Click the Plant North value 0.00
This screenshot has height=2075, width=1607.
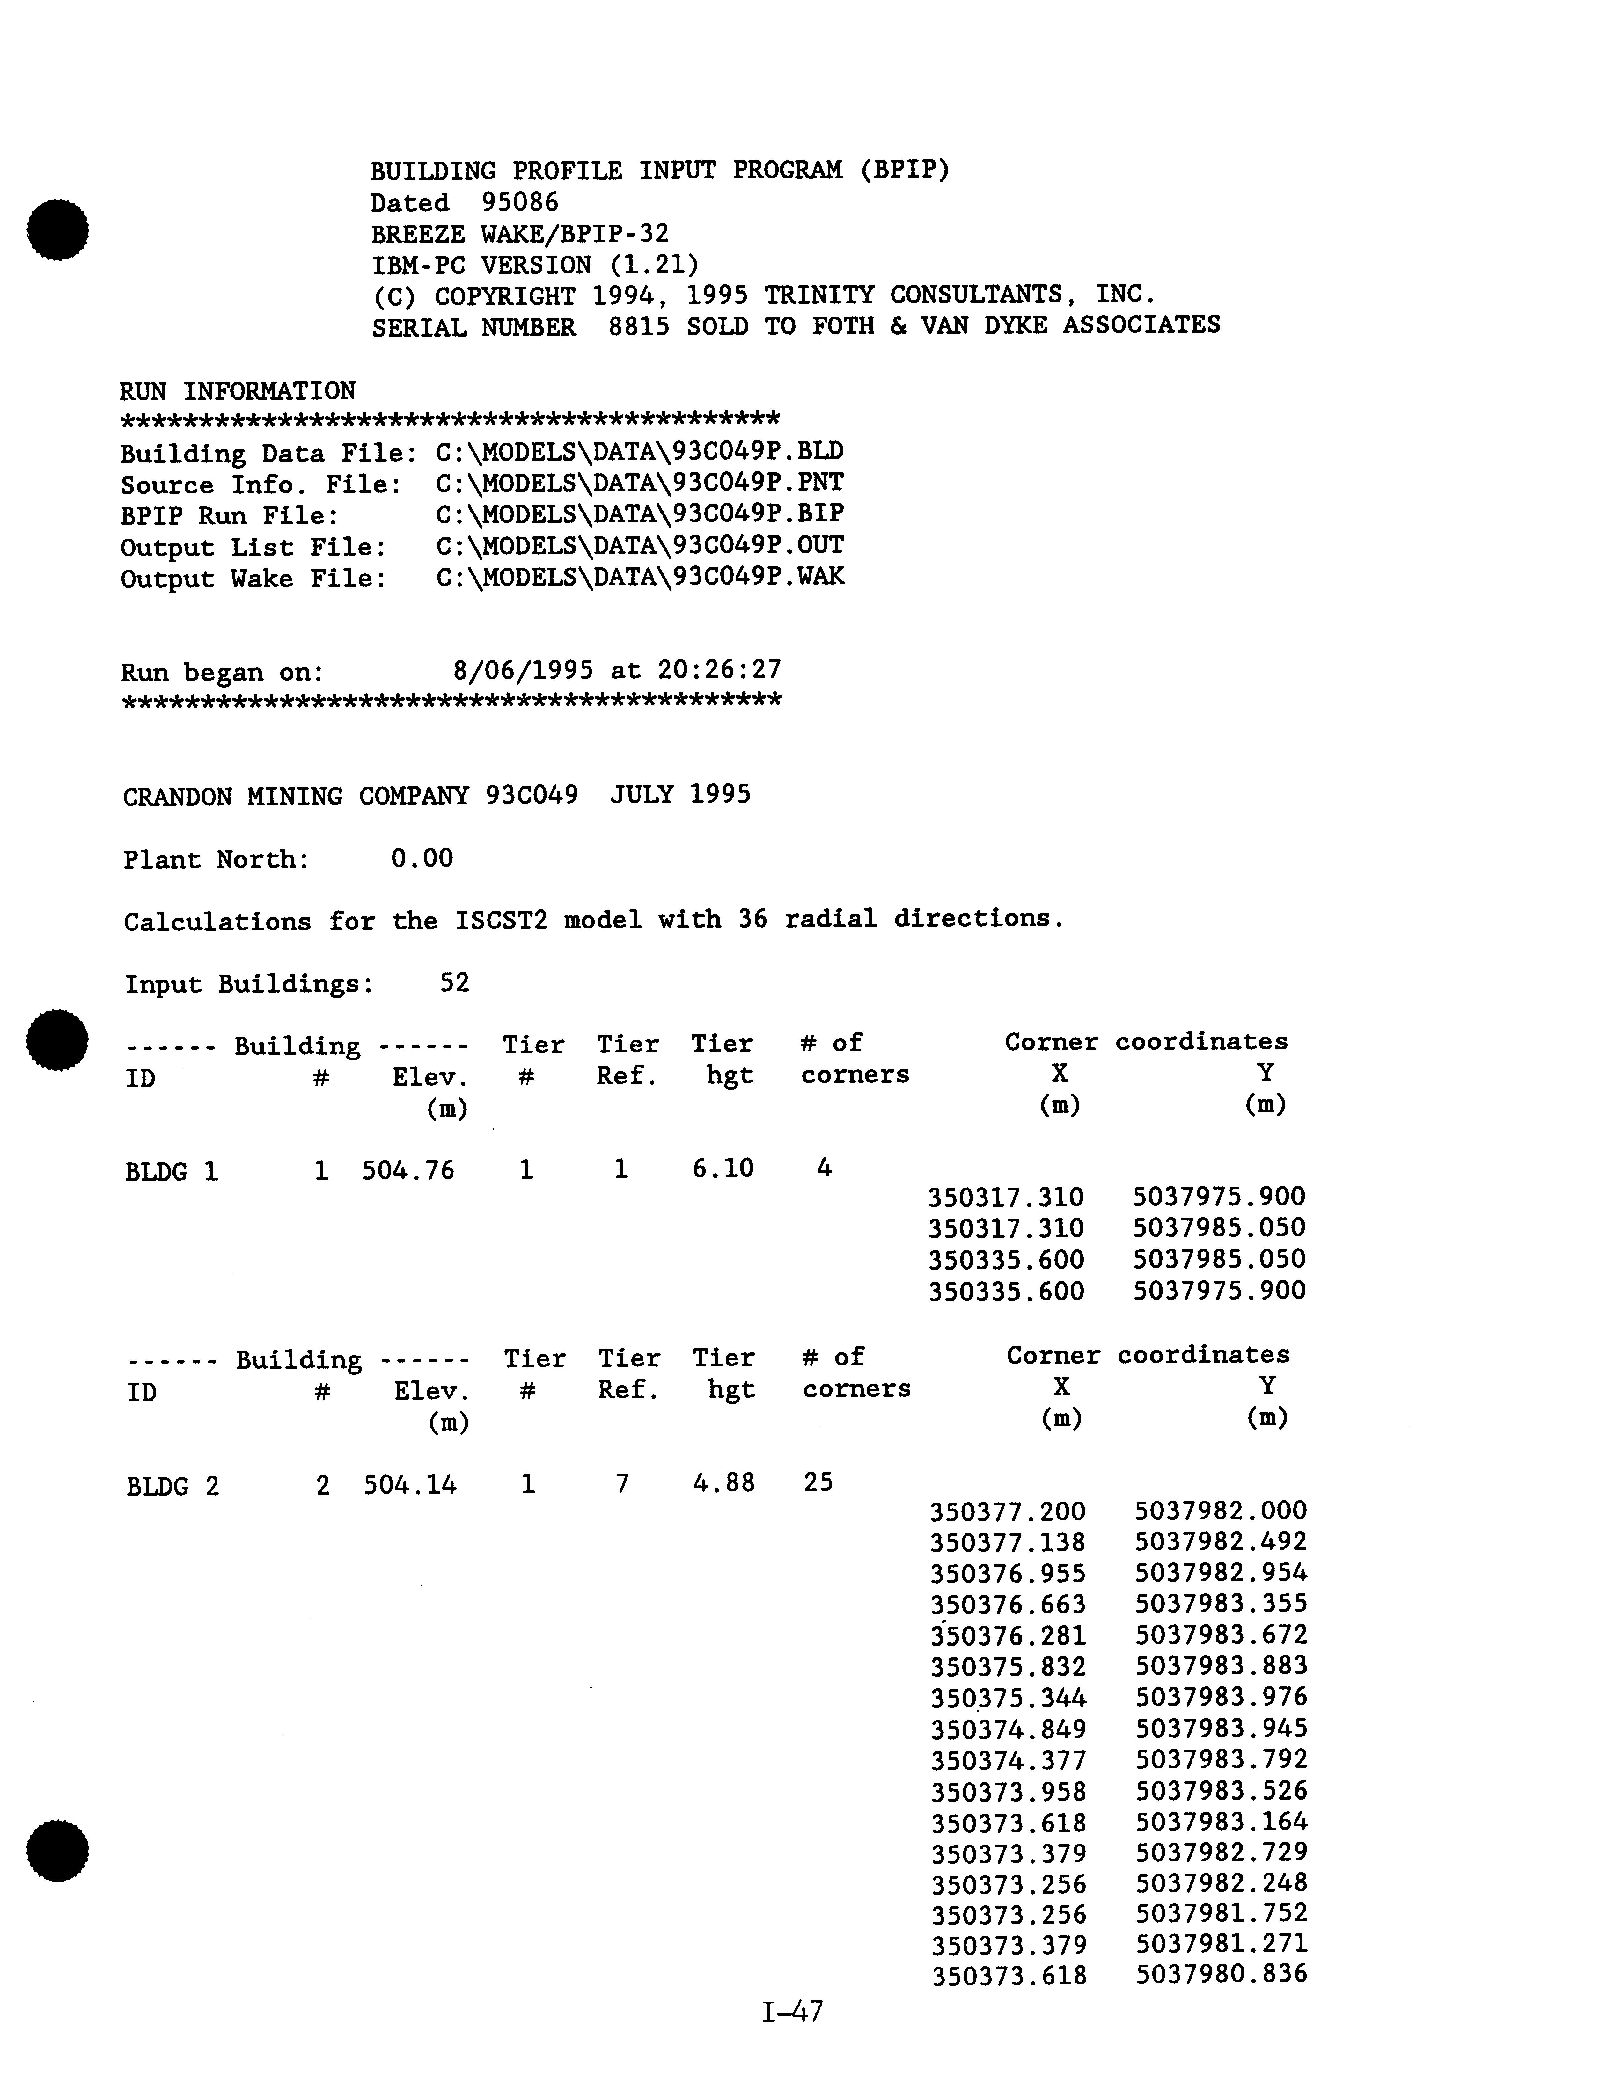coord(422,859)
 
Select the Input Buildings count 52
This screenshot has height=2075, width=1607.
coord(454,982)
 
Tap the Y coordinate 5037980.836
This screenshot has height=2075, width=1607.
coord(1221,1974)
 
